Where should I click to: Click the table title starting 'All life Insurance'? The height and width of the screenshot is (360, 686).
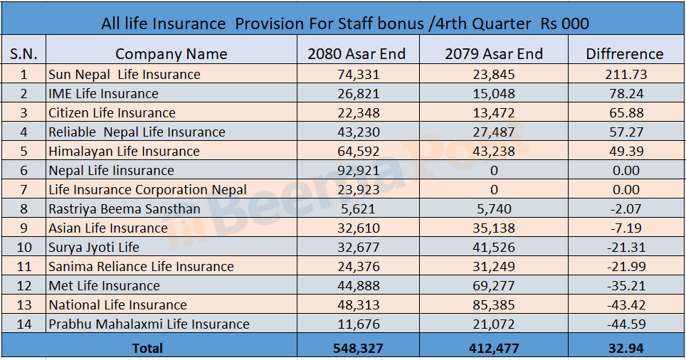click(x=344, y=23)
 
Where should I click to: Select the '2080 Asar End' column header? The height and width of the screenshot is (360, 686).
click(x=357, y=53)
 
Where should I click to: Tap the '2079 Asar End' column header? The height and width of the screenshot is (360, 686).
click(x=493, y=53)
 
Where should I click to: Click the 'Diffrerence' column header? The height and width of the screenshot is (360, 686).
click(x=624, y=53)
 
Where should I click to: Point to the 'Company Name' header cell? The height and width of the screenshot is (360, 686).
click(x=171, y=53)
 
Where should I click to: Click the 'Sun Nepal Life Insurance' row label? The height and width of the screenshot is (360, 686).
click(x=125, y=74)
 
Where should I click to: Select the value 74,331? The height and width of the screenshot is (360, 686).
click(x=357, y=74)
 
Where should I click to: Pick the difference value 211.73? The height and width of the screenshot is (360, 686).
click(x=624, y=74)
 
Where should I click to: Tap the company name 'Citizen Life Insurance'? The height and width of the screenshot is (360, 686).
click(x=112, y=112)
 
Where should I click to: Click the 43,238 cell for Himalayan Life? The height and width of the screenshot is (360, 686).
click(x=493, y=151)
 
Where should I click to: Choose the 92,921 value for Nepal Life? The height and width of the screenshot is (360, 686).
click(x=357, y=170)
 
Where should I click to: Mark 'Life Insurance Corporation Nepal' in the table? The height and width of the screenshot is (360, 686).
click(x=147, y=189)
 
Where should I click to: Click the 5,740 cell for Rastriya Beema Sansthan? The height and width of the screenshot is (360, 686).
click(x=493, y=208)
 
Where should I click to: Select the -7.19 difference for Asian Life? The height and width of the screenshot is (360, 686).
click(x=624, y=228)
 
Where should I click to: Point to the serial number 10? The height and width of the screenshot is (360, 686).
click(x=23, y=247)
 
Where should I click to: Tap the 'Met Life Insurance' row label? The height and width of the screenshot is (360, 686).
click(x=104, y=285)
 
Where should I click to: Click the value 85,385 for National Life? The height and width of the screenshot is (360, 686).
click(x=493, y=305)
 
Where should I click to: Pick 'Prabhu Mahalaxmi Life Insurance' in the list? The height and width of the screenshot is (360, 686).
click(x=149, y=324)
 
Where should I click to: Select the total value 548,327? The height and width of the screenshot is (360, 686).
click(x=357, y=348)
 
